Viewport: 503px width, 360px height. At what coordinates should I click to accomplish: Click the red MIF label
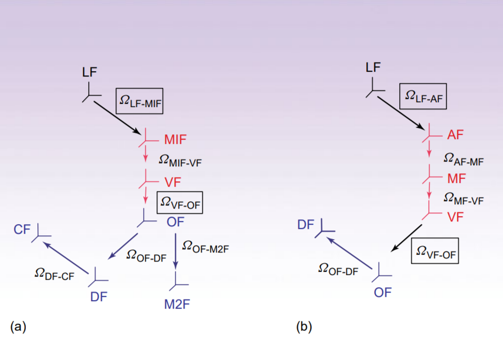[175, 141]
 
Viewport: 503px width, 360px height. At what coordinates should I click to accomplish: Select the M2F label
[177, 304]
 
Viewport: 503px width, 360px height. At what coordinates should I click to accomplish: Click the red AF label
[455, 135]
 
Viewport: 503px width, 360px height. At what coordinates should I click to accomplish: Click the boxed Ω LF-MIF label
[140, 99]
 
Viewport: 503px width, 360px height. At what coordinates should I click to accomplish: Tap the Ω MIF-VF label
[181, 159]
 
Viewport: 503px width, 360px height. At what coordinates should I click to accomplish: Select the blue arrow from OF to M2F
[176, 250]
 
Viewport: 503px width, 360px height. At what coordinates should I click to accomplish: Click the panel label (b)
[304, 326]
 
